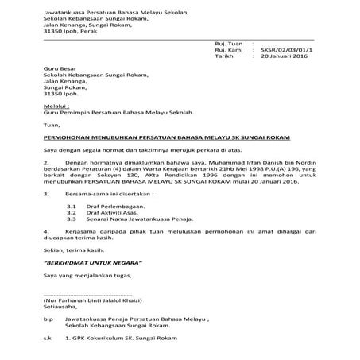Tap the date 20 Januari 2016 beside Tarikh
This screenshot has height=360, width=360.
click(285, 57)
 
